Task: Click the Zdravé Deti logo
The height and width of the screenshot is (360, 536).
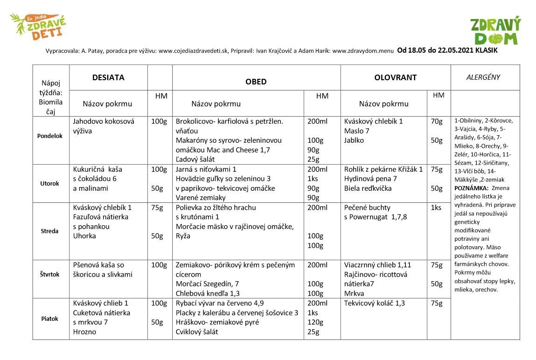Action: tap(38, 26)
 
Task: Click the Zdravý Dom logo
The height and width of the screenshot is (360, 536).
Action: tap(495, 31)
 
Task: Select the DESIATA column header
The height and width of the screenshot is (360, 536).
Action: tap(108, 77)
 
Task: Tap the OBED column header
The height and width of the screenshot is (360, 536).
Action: tap(256, 82)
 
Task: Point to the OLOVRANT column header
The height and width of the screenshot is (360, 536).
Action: tap(395, 77)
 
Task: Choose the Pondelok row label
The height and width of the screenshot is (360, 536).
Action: tap(50, 136)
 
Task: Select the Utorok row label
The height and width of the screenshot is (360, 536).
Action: tap(50, 183)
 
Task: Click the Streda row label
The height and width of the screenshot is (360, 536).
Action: tap(50, 231)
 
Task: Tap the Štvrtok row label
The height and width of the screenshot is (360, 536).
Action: tap(50, 275)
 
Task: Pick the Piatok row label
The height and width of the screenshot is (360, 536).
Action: tap(50, 319)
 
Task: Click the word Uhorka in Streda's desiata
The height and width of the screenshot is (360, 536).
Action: tap(84, 236)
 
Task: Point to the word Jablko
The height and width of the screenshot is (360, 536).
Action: tap(355, 140)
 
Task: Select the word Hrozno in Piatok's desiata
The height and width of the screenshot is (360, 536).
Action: tap(84, 332)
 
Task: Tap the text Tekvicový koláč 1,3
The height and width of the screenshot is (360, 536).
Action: tap(374, 304)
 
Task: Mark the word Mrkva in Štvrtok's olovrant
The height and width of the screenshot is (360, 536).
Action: tap(354, 294)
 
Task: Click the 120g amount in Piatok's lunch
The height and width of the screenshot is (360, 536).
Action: tap(313, 322)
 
